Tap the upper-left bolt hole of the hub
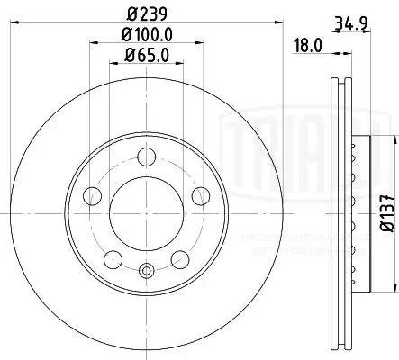pyautogui.click(x=91, y=193)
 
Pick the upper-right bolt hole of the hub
pyautogui.click(x=203, y=193)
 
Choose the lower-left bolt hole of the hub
pyautogui.click(x=112, y=258)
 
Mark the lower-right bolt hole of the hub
pyautogui.click(x=182, y=258)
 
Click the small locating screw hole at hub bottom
pyautogui.click(x=147, y=269)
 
